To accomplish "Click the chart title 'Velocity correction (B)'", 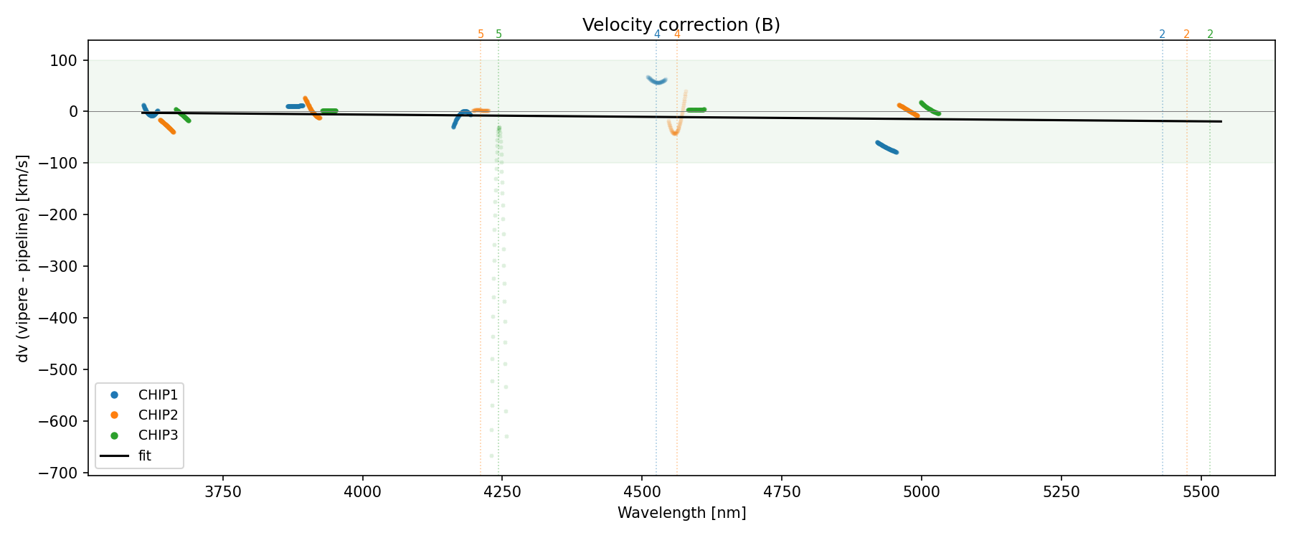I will pos(681,25).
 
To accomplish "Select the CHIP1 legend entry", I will pos(158,395).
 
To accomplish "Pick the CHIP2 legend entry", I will pos(158,415).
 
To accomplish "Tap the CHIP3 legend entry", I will pos(158,435).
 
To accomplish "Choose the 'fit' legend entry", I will pos(144,456).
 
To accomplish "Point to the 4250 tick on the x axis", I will pos(502,491).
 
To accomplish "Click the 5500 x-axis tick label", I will pos(1201,491).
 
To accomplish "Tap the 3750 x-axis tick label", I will pos(223,491).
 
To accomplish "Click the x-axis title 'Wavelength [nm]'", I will pos(681,513).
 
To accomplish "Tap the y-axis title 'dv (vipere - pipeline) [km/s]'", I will pos(23,258).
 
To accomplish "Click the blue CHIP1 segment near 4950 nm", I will pos(887,147).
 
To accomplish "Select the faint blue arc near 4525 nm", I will pos(657,80).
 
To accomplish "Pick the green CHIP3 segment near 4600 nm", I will pos(696,110).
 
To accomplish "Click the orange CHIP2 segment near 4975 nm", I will pos(908,110).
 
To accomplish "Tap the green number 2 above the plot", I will pos(1210,34).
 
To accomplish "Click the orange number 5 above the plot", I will pos(481,34).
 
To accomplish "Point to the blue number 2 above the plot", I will pos(1162,34).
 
